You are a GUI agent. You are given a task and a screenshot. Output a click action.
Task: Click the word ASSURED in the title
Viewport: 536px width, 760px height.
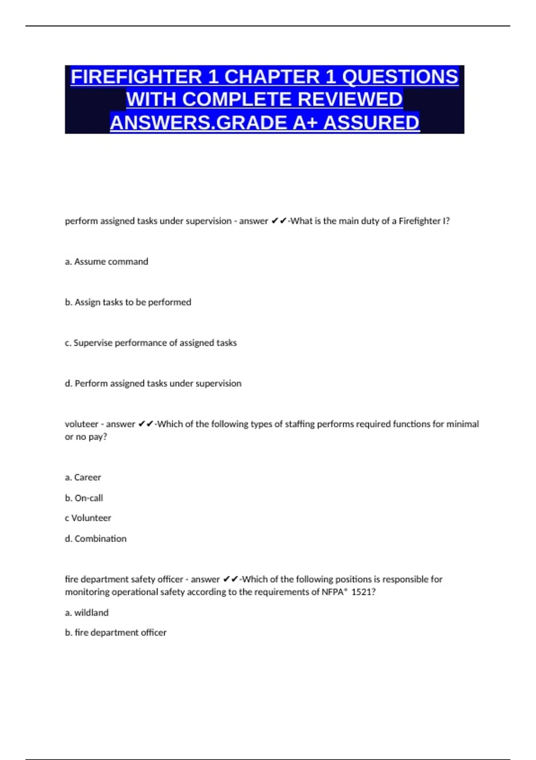tap(372, 123)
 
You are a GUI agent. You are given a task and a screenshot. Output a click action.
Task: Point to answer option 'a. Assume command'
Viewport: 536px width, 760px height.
tap(106, 262)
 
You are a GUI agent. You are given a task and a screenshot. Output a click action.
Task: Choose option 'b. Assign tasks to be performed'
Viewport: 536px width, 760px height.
tap(128, 302)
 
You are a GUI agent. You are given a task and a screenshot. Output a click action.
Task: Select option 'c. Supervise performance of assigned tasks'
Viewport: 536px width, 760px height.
tap(151, 343)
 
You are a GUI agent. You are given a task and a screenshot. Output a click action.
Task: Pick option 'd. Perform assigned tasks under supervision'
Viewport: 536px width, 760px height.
tap(153, 384)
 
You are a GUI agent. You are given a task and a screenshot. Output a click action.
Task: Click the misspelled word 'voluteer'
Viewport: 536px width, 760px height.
tap(81, 424)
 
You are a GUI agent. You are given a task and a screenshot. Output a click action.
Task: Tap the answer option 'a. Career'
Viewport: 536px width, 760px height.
tap(83, 477)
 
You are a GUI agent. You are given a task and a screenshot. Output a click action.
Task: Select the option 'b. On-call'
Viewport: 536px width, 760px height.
tap(84, 498)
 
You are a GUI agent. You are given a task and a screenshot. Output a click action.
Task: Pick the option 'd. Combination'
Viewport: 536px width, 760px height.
tap(96, 539)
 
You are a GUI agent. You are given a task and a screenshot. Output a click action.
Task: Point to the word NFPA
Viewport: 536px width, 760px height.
tap(332, 592)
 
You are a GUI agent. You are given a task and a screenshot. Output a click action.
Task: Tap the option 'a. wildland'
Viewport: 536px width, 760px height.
tap(87, 613)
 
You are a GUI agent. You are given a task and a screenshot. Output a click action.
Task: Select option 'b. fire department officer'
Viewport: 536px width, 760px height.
tap(115, 633)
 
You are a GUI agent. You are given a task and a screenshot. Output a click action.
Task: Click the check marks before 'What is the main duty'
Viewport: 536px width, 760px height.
tap(279, 221)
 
